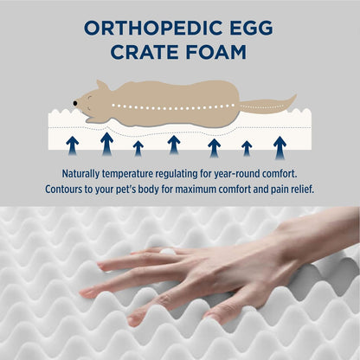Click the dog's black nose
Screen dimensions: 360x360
tap(75, 102)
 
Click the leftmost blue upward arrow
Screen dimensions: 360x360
tap(72, 144)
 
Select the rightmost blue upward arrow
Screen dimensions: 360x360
tap(280, 146)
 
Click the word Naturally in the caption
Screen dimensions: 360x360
tap(86, 173)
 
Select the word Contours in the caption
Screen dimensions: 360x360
tap(73, 189)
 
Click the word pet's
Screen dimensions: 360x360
tap(143, 189)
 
